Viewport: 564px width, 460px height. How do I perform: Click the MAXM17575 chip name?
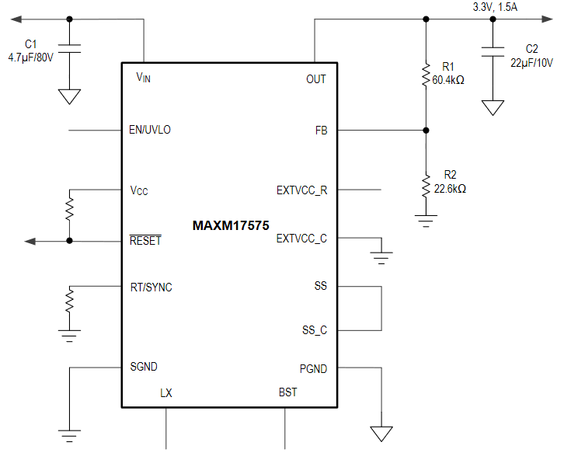[x=231, y=226]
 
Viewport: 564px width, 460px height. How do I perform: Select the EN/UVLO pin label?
[x=150, y=130]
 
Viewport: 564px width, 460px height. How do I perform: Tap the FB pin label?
[x=321, y=131]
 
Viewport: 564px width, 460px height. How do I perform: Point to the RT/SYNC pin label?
[x=151, y=287]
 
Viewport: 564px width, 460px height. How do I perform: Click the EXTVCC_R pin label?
[x=301, y=190]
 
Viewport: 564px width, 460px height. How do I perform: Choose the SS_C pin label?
[x=314, y=330]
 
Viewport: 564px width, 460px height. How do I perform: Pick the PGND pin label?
[x=313, y=369]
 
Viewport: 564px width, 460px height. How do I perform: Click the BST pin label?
[x=287, y=392]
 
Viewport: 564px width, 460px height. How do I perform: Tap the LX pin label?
[x=166, y=393]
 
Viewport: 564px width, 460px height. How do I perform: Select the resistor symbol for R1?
[x=426, y=75]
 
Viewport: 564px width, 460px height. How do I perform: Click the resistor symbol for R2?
[x=426, y=186]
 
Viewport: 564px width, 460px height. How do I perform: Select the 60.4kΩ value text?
[x=448, y=80]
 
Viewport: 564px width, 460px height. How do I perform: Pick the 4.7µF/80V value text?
[x=30, y=57]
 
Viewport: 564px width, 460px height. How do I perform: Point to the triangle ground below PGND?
[x=381, y=434]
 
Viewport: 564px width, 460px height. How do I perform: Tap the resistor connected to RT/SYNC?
[x=70, y=299]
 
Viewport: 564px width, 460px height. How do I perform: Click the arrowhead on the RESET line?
[x=30, y=241]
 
